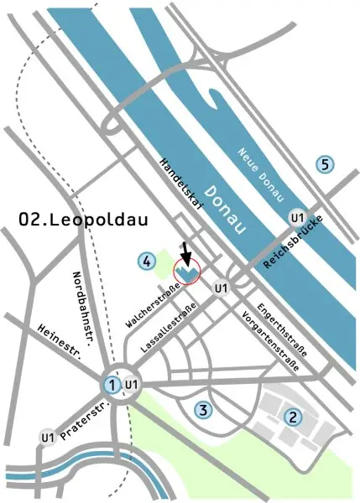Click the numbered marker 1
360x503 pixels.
click(110, 385)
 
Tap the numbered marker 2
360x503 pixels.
click(293, 416)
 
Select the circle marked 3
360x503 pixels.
click(201, 410)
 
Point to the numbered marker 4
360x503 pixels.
click(148, 262)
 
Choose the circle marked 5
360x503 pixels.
click(325, 164)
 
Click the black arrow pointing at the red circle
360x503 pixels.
click(186, 251)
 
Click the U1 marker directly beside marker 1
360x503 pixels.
click(131, 385)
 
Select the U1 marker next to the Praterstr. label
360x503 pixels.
click(48, 438)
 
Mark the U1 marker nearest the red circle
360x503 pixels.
click(221, 289)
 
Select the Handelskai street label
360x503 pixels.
click(182, 187)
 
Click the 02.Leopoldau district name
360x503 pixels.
click(83, 220)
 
